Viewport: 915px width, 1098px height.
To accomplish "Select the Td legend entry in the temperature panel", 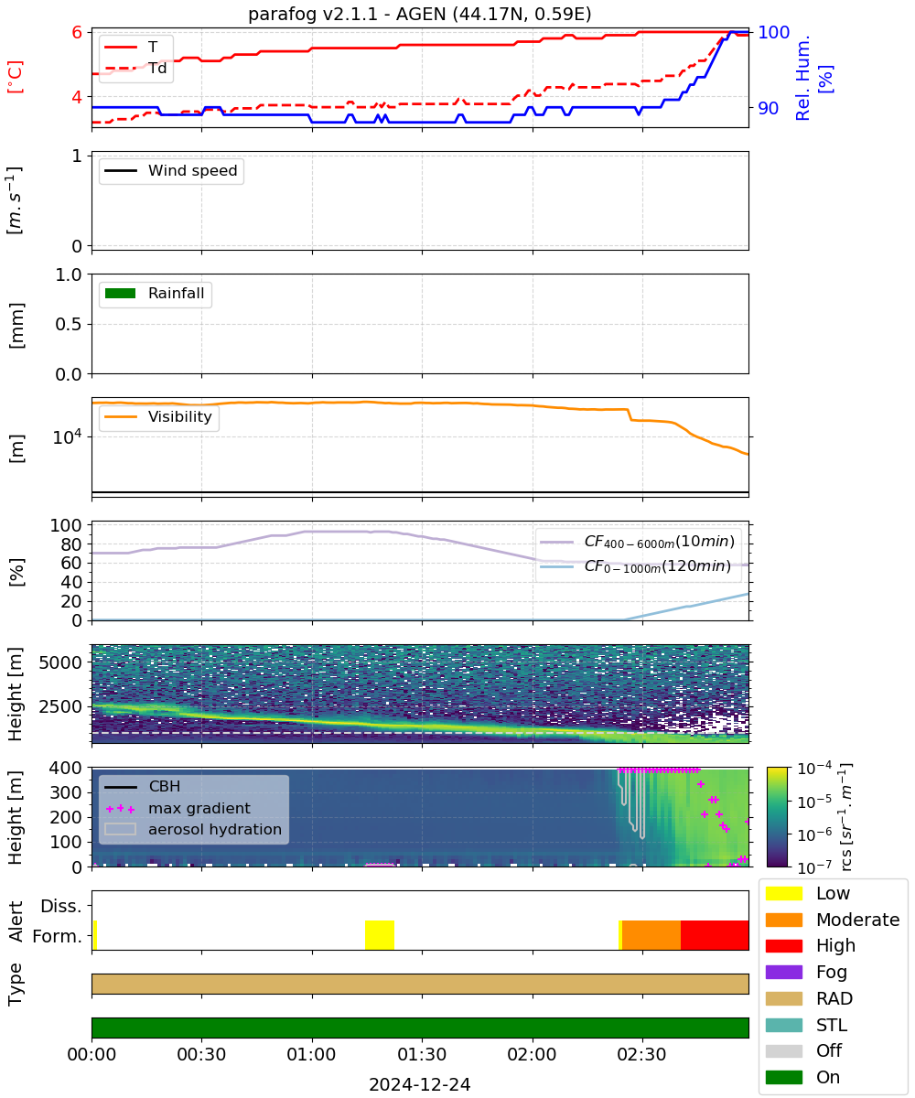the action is tap(135, 69).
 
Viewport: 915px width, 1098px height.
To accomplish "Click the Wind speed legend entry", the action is tap(171, 170).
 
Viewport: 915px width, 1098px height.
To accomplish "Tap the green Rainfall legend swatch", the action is tap(121, 293).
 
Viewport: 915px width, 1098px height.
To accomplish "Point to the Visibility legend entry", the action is tap(158, 416).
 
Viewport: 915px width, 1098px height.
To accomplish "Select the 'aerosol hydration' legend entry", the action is tap(193, 829).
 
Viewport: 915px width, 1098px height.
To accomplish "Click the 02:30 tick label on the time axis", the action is tap(642, 1054).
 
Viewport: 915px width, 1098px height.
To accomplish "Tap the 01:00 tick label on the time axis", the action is tap(312, 1054).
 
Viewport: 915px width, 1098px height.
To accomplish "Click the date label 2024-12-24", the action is tap(420, 1084).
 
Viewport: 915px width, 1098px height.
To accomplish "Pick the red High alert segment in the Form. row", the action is tap(715, 935).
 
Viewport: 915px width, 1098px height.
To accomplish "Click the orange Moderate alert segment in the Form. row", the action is tap(651, 935).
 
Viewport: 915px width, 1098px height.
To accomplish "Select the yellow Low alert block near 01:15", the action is tap(380, 935).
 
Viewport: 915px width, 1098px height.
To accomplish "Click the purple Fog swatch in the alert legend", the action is tap(784, 972).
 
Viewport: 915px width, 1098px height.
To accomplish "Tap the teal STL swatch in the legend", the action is tap(784, 1025).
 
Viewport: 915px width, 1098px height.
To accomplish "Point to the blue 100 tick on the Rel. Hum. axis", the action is tap(773, 32).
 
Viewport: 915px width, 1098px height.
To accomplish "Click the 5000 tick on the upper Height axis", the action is tap(60, 662).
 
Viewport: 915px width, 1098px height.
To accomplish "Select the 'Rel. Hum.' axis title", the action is tap(802, 78).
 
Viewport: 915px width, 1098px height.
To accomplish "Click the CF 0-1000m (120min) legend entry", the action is tap(636, 566).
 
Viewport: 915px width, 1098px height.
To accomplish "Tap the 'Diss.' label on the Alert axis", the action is tap(61, 906).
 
